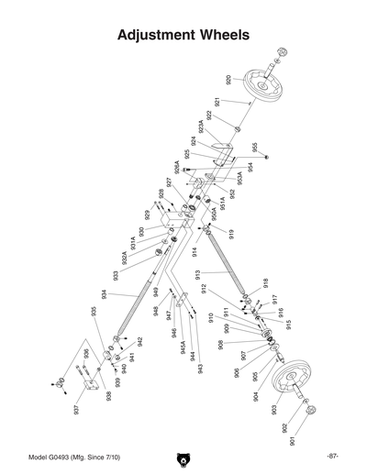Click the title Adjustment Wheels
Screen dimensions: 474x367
tap(183, 36)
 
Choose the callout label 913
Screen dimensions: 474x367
tap(197, 276)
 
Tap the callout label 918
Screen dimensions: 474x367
tap(265, 282)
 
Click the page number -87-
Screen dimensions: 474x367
tap(332, 456)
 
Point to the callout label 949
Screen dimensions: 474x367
tap(157, 292)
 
